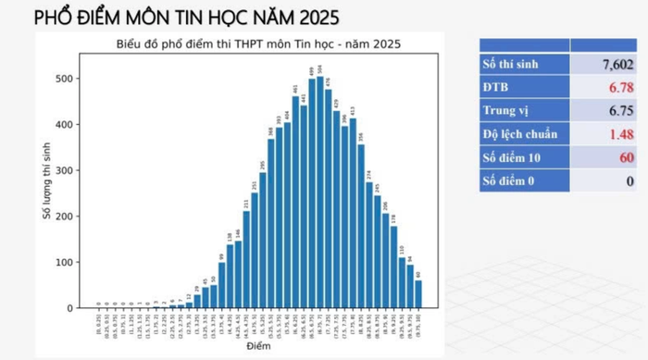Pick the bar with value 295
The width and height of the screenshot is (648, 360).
click(262, 241)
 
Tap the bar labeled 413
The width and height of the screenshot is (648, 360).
click(353, 214)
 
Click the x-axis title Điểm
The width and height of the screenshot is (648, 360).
click(259, 347)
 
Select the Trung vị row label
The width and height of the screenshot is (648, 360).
click(509, 110)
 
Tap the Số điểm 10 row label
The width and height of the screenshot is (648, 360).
click(514, 157)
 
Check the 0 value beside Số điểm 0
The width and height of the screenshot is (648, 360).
click(629, 181)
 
